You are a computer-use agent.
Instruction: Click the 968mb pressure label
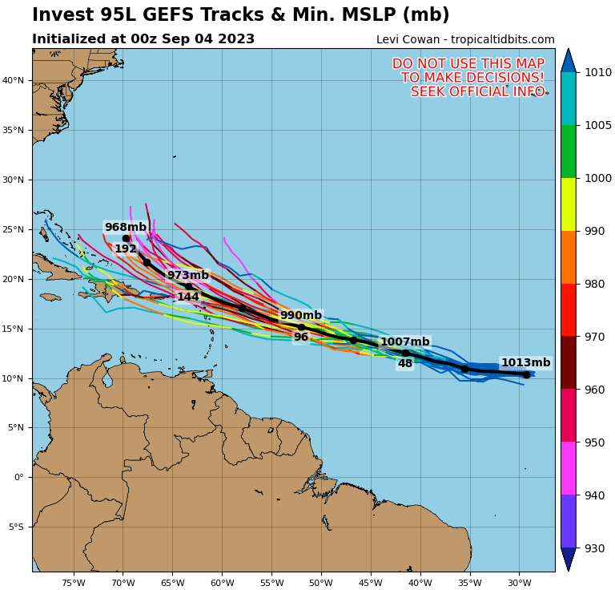point(126,228)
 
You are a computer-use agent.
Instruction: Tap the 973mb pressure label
point(188,276)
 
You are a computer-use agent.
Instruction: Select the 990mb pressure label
point(301,316)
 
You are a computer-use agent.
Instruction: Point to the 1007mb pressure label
point(404,342)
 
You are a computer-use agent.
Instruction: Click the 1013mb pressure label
point(525,363)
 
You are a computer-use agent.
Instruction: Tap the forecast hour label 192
point(126,249)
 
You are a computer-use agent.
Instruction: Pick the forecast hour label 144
point(188,297)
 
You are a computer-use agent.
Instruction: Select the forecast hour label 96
point(301,337)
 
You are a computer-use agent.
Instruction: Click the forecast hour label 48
point(405,364)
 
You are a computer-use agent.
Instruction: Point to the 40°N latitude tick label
point(14,80)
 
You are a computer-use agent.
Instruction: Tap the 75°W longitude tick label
point(73,583)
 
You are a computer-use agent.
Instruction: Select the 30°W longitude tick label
point(520,583)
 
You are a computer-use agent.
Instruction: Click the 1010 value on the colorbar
point(598,72)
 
